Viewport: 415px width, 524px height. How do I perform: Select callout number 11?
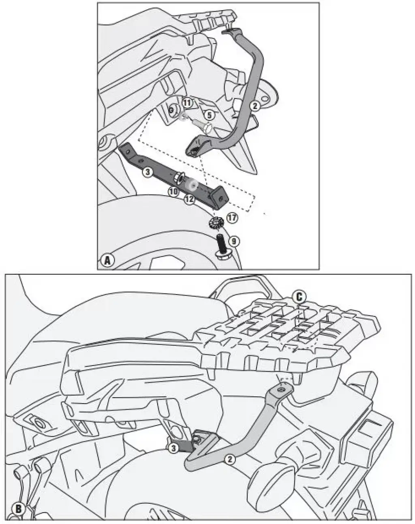coord(187,103)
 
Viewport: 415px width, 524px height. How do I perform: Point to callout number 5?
coord(210,115)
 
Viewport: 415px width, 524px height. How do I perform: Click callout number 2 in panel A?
coord(255,106)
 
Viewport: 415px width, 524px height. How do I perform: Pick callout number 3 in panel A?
coord(148,172)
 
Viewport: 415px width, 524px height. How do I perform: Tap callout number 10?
coord(173,192)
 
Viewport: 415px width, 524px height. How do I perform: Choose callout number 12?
coord(189,199)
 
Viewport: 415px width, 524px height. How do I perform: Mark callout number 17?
coord(232,217)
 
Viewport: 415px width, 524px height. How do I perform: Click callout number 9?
coord(234,241)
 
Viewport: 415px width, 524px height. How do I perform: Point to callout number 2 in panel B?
coord(230,460)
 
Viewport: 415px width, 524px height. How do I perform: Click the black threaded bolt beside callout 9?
coord(221,246)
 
